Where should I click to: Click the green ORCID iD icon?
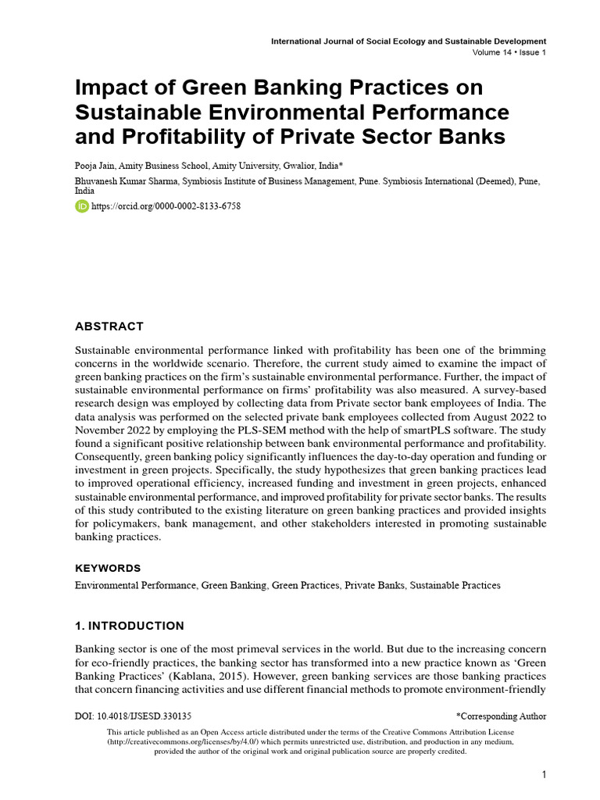coord(82,206)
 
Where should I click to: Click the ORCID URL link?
coord(166,206)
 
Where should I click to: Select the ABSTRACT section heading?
coord(109,326)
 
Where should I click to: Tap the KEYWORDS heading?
coord(108,568)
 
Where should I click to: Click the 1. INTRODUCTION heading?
coord(130,626)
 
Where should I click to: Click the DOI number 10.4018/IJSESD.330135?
coord(145,716)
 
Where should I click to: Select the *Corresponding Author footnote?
coord(501,716)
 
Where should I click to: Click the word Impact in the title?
coord(110,86)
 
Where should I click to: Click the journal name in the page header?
coord(408,41)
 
